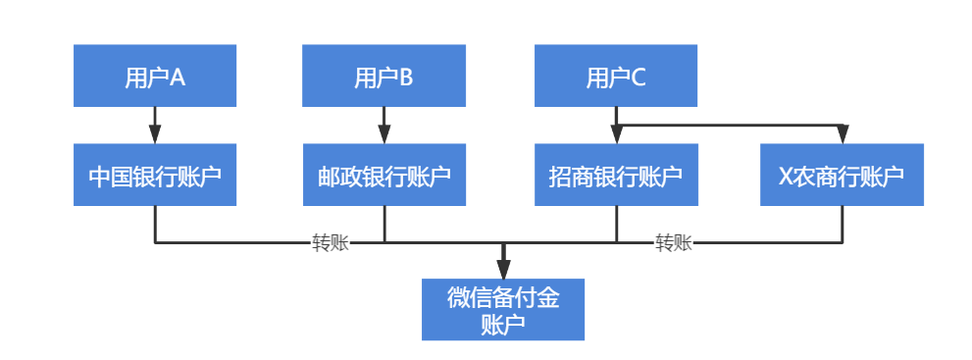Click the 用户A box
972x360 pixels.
[x=155, y=76]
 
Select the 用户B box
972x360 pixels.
[x=384, y=76]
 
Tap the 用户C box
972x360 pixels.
[x=616, y=76]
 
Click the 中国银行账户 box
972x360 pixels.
[x=155, y=176]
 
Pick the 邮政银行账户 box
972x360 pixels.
[x=384, y=176]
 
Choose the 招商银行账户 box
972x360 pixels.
[x=616, y=176]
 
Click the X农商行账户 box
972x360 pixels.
[x=842, y=176]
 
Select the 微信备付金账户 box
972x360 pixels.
[x=503, y=310]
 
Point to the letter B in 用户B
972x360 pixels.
[x=406, y=77]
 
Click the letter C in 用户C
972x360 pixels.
[x=639, y=77]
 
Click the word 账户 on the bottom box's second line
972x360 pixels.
[x=503, y=325]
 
